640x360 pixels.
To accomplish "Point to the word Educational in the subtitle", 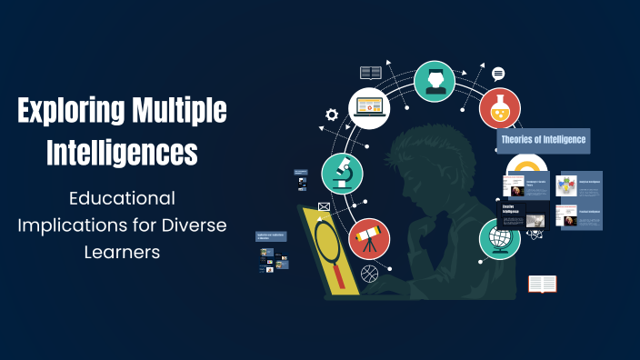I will pyautogui.click(x=122, y=197).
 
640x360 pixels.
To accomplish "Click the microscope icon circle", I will pyautogui.click(x=343, y=174).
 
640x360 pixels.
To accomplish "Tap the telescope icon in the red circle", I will pyautogui.click(x=369, y=239).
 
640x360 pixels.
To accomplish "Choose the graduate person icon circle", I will pyautogui.click(x=435, y=81).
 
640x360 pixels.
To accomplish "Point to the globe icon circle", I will pyautogui.click(x=499, y=238).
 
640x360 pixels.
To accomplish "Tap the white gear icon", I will pyautogui.click(x=332, y=115).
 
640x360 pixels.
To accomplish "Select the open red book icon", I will pyautogui.click(x=543, y=285).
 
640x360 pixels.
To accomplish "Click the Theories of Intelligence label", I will pyautogui.click(x=544, y=141).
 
